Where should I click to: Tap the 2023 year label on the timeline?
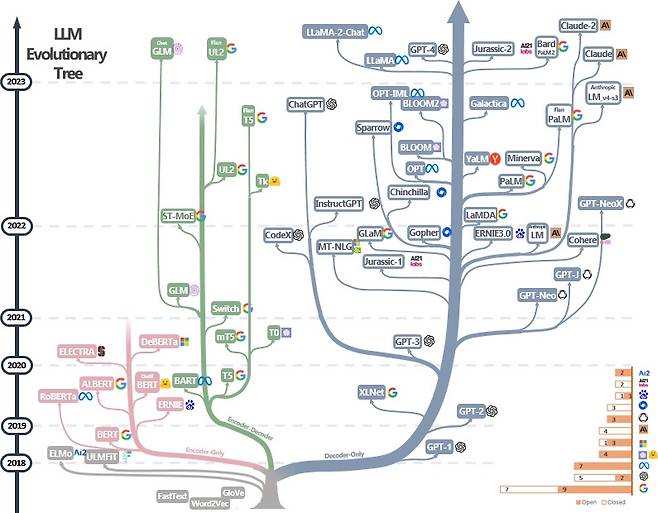15,83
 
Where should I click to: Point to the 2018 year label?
15,463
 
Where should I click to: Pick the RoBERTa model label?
59,396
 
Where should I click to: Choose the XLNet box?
371,392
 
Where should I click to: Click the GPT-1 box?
439,446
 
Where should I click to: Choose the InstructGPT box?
338,203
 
